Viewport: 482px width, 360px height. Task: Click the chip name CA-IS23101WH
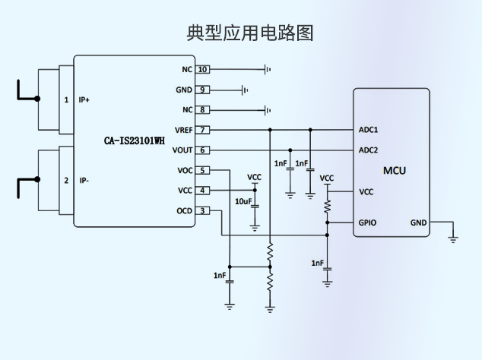click(134, 141)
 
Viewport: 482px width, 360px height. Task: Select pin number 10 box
click(202, 70)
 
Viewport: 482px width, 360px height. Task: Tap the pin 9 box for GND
click(202, 90)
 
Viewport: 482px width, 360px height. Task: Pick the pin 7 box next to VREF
click(202, 130)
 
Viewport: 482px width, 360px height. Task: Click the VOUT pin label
click(183, 150)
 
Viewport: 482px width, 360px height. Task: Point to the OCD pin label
click(184, 210)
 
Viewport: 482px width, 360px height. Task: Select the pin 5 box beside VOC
click(202, 170)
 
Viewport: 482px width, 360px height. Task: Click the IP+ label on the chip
click(84, 100)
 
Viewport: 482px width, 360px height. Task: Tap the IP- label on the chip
click(84, 181)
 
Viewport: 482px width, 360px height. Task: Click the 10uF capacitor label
click(243, 201)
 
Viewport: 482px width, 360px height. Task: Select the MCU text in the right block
click(394, 170)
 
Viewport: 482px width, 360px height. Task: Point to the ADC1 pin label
click(368, 130)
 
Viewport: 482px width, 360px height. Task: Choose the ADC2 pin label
click(368, 150)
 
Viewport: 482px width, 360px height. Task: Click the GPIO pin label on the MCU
click(367, 223)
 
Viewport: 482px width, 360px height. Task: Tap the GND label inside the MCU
click(418, 223)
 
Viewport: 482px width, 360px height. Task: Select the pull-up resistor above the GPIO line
click(327, 206)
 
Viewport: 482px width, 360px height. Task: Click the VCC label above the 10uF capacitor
click(255, 178)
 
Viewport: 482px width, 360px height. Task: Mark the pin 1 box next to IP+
click(66, 100)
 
